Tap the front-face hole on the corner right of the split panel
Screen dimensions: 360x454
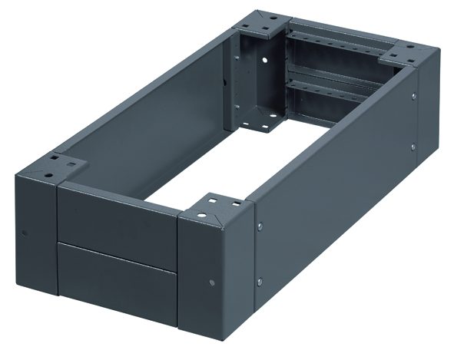point(212,281)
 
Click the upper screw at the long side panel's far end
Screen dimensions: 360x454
point(413,97)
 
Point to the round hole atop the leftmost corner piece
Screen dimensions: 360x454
point(54,162)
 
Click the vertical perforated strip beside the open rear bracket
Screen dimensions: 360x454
point(283,77)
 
